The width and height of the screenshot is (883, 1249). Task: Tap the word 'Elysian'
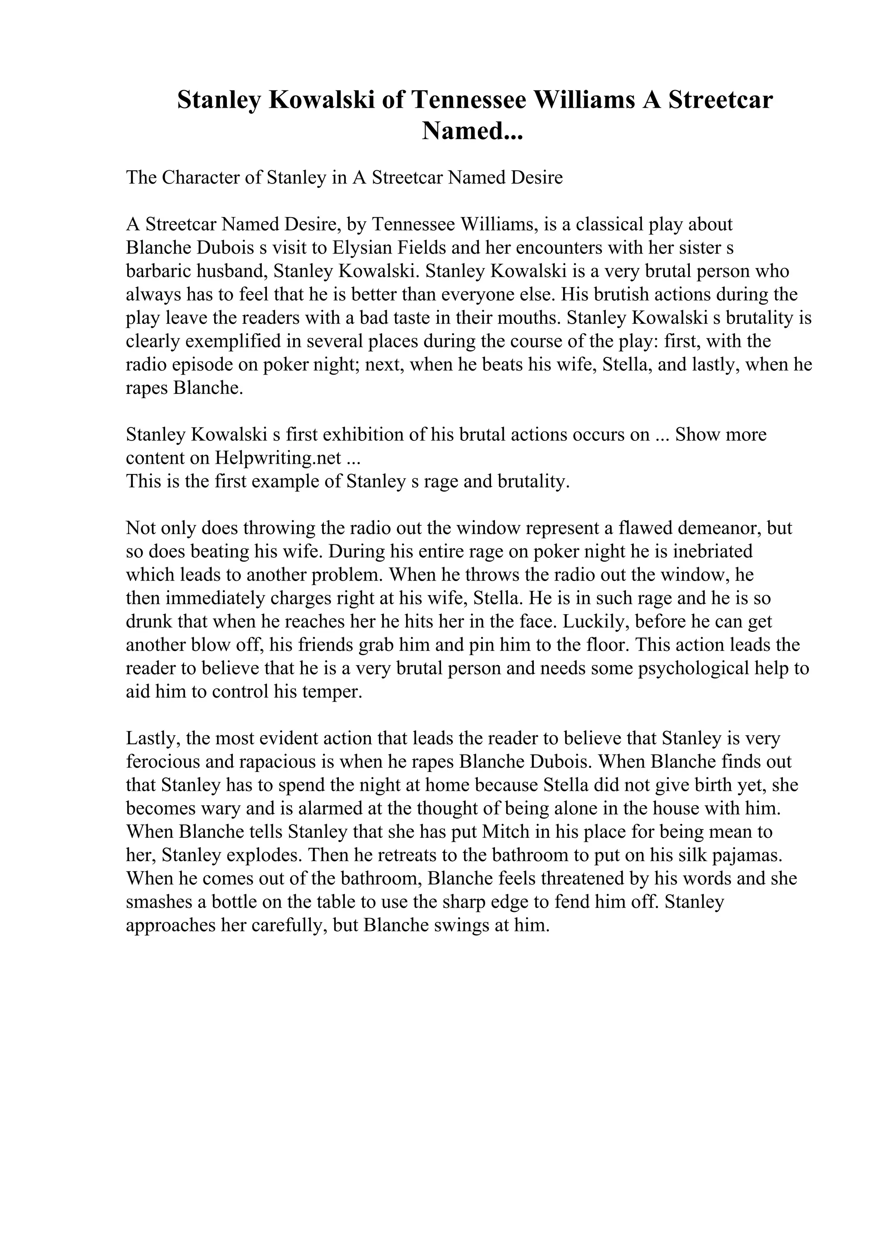point(361,247)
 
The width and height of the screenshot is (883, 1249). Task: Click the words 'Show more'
point(721,434)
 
